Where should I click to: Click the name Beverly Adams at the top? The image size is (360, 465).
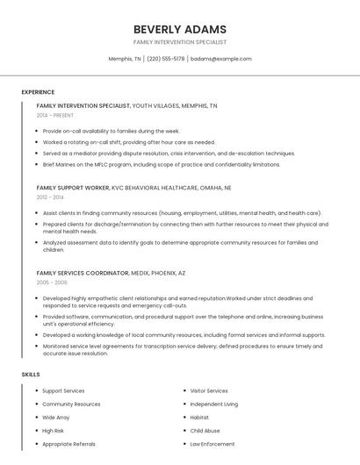coord(179,29)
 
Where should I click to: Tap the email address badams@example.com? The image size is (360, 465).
coord(220,59)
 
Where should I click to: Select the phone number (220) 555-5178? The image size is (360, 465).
coord(166,59)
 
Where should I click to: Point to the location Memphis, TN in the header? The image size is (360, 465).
coord(125,59)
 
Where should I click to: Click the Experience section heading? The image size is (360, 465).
coord(38,92)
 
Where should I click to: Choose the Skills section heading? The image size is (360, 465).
coord(31,375)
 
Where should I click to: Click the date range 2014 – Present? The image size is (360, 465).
coord(55,115)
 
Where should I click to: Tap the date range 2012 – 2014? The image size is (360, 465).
coord(50,197)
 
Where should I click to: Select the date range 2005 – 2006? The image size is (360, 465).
coord(52,283)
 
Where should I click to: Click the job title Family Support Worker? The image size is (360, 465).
coord(73,188)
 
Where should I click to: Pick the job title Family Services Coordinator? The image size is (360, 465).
coord(82,273)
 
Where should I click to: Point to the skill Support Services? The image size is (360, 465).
coord(63,391)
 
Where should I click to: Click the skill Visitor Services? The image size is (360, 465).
coord(209,391)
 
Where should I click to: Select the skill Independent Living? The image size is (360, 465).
coord(213,404)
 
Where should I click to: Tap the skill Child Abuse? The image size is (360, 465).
coord(205,431)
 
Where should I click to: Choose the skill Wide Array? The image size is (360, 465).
coord(55,418)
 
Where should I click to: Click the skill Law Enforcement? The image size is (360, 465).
coord(212,444)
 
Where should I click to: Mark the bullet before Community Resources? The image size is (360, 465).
coord(36,404)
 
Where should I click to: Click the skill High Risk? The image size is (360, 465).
coord(53,431)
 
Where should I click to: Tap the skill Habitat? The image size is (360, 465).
coord(199,418)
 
